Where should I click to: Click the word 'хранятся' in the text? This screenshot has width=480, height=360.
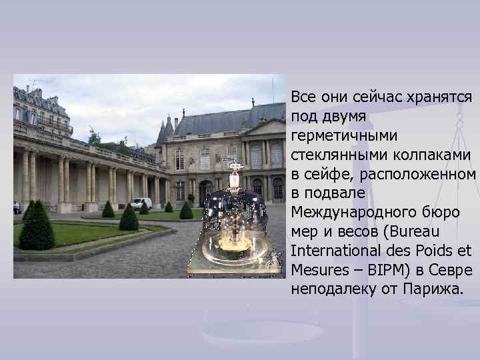[x=441, y=97]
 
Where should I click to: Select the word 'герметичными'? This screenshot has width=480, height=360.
[x=335, y=136]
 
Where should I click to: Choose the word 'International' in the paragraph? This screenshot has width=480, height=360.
[x=329, y=251]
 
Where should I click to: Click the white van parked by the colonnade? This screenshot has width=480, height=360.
[x=141, y=203]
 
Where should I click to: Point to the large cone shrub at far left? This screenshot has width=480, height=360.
[x=37, y=227]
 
